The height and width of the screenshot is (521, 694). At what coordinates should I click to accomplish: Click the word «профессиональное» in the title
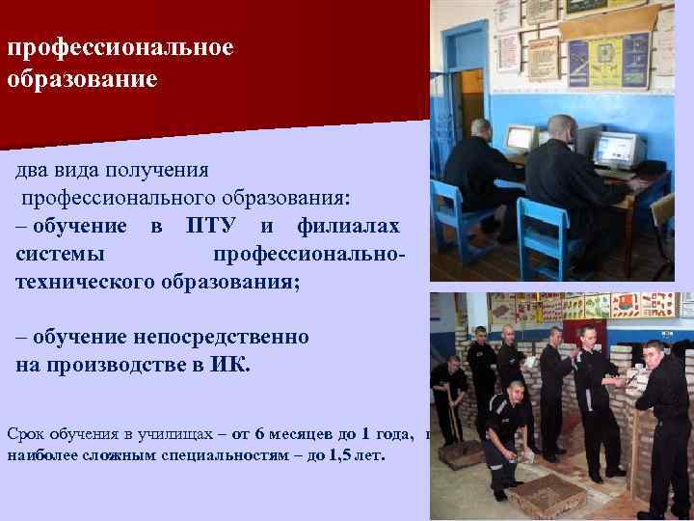[x=120, y=48]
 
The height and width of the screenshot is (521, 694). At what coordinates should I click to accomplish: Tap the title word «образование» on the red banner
[x=81, y=79]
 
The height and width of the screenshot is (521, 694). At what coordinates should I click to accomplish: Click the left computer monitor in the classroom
[x=520, y=138]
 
